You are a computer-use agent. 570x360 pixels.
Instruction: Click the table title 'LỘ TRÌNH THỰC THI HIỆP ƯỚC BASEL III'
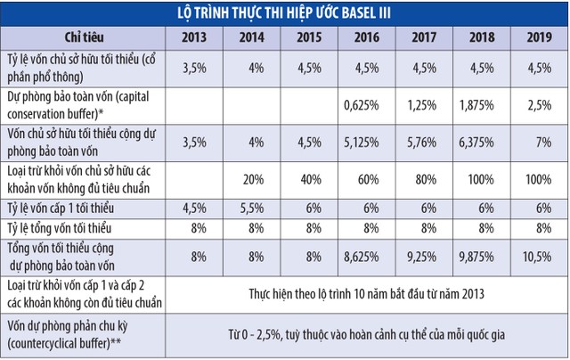click(x=285, y=12)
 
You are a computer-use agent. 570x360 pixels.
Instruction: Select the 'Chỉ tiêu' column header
click(x=85, y=37)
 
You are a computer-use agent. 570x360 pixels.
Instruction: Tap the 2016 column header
click(x=364, y=37)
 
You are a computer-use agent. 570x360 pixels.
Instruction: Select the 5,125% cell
click(x=364, y=140)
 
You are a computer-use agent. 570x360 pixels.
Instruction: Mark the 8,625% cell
click(x=364, y=254)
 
